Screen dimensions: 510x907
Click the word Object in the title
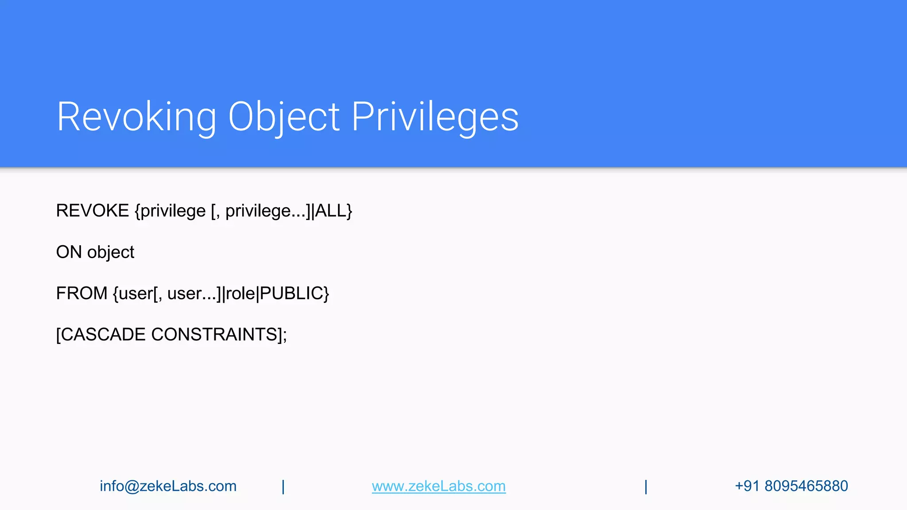tap(283, 117)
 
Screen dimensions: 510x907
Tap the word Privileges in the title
tap(435, 117)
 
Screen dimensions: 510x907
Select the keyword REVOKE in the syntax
tap(93, 211)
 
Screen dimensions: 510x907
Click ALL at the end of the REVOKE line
tap(330, 211)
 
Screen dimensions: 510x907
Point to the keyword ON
tap(69, 252)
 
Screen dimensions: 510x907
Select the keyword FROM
tap(81, 294)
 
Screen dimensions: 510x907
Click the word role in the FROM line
tap(240, 294)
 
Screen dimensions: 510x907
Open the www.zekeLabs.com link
tap(438, 486)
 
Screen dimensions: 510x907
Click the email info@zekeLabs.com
tap(168, 486)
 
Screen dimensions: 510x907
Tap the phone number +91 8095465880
tap(791, 486)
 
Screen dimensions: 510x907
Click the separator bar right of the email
tap(283, 487)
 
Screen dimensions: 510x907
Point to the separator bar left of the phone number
tap(646, 487)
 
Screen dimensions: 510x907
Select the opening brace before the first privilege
tap(137, 211)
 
